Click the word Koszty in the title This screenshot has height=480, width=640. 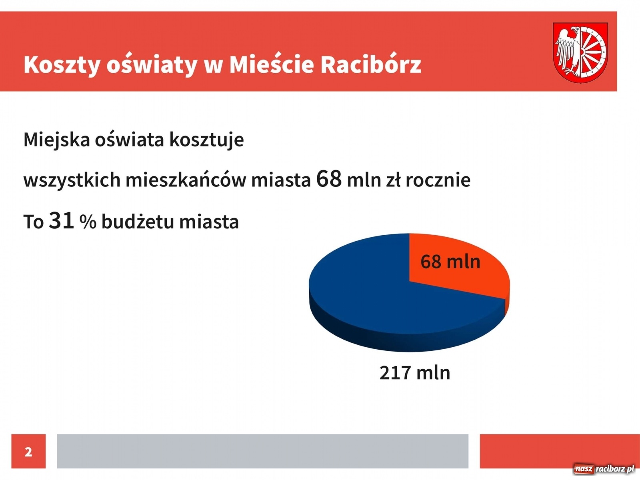point(62,65)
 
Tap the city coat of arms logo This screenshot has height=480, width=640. point(580,52)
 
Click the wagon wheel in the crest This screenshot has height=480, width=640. point(593,52)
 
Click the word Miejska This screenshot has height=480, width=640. point(56,140)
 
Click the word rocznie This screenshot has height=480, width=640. point(438,180)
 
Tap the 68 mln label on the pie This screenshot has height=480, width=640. point(450,262)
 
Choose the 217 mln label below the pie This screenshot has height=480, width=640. point(414,372)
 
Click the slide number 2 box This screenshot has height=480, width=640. point(28,451)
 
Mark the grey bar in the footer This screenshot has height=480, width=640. point(262,451)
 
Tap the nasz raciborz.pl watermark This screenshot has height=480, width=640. point(604,469)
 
